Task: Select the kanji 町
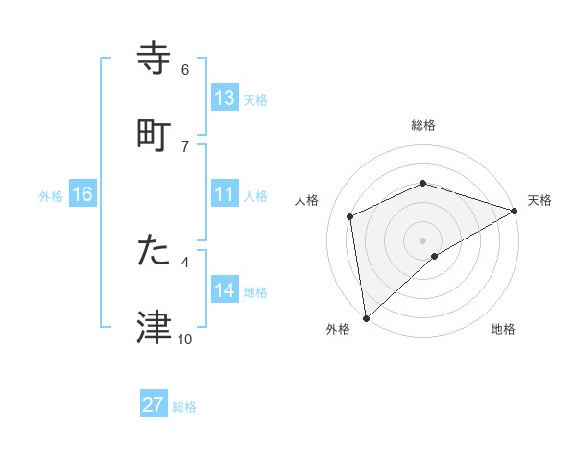[155, 135]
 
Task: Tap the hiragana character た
[155, 251]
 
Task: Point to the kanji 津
[155, 328]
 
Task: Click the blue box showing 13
[225, 97]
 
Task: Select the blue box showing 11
[225, 194]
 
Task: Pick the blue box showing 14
[225, 290]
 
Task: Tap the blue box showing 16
[83, 194]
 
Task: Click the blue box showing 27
[154, 405]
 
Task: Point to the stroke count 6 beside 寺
[185, 69]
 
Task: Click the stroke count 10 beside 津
[185, 339]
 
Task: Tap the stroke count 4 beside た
[185, 261]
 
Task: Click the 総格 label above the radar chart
[423, 125]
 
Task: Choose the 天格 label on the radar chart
[540, 200]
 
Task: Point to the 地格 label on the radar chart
[503, 329]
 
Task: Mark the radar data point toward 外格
[366, 318]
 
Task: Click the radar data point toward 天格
[515, 211]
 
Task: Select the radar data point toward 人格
[350, 216]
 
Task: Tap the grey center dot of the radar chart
[423, 239]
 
